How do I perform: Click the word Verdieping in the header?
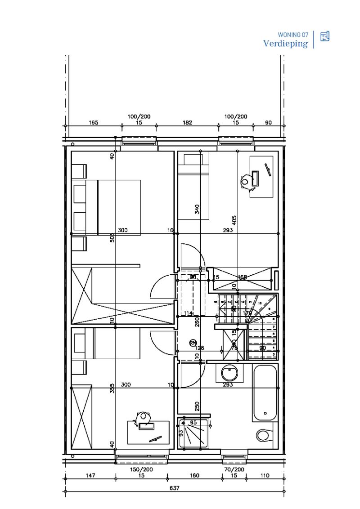(x=286, y=44)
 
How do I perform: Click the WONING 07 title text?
(x=293, y=34)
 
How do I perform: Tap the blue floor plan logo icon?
(x=325, y=36)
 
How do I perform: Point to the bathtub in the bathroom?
(x=265, y=393)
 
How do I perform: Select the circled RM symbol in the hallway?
(x=193, y=343)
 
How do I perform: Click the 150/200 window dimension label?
(x=142, y=469)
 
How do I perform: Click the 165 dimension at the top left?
(x=93, y=122)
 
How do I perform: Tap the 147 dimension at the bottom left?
(x=90, y=475)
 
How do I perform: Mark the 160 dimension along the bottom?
(x=194, y=475)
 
